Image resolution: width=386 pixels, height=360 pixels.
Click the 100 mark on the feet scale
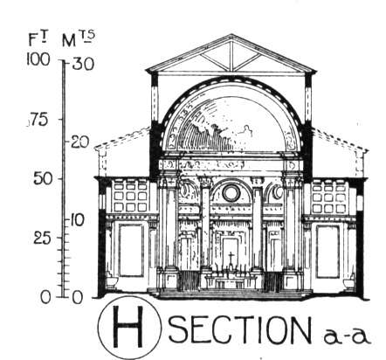click(38, 60)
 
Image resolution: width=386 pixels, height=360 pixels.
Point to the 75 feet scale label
click(38, 120)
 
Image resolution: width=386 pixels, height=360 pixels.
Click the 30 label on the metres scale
click(83, 64)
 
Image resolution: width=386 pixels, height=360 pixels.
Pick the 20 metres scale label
click(79, 142)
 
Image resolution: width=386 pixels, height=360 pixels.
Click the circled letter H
click(128, 327)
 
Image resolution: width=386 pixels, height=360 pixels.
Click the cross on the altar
click(231, 259)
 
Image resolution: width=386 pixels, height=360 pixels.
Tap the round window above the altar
click(231, 193)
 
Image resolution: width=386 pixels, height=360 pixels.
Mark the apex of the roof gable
click(231, 35)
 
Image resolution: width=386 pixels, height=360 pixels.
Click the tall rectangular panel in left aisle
click(131, 251)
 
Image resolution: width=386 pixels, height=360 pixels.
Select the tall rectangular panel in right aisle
click(327, 252)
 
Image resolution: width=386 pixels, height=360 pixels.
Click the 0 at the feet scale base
click(46, 298)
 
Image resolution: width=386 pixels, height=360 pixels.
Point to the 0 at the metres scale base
click(77, 298)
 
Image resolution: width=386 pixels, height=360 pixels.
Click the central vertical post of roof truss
click(231, 56)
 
